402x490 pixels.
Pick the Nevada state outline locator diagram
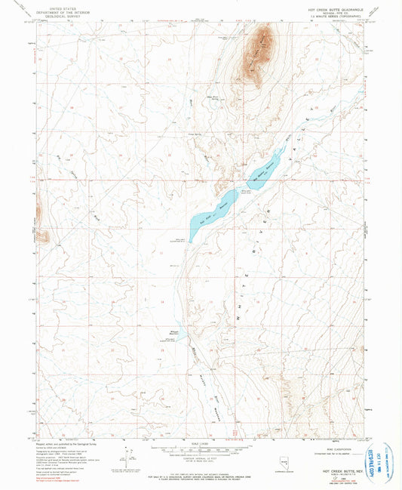pyautogui.click(x=263, y=460)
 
